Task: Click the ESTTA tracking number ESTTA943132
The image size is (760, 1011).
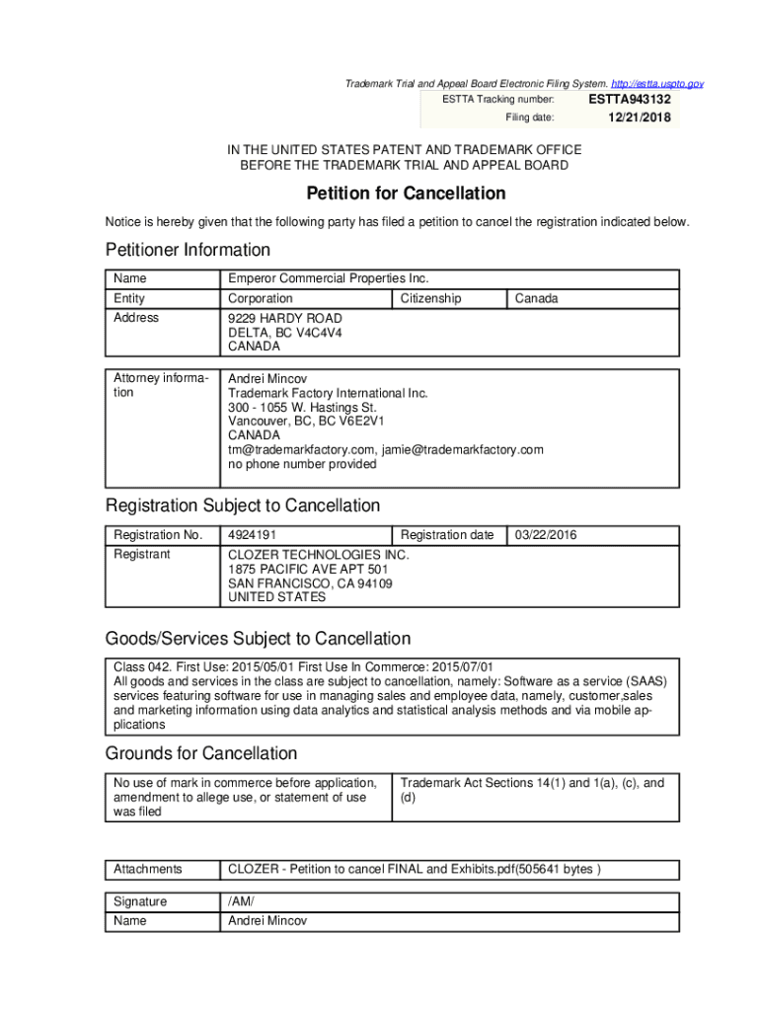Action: (x=630, y=100)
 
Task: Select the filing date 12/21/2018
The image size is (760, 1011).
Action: (x=639, y=117)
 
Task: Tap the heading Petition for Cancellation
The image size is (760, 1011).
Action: (x=406, y=194)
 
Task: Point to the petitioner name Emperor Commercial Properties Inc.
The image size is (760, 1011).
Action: (x=328, y=278)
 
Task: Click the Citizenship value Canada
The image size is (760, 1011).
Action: (x=536, y=298)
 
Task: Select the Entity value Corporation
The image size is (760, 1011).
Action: (x=261, y=298)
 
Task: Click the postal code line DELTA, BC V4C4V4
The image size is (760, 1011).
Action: (x=285, y=333)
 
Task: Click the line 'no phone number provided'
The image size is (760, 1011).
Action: (x=302, y=464)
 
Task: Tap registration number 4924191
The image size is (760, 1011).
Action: (x=251, y=535)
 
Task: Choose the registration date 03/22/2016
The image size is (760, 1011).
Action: (x=546, y=535)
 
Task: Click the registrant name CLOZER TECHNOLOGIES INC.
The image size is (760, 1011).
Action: (x=318, y=555)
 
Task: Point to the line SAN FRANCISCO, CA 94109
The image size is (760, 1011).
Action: (x=310, y=583)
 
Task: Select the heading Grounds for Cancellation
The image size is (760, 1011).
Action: (x=201, y=753)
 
